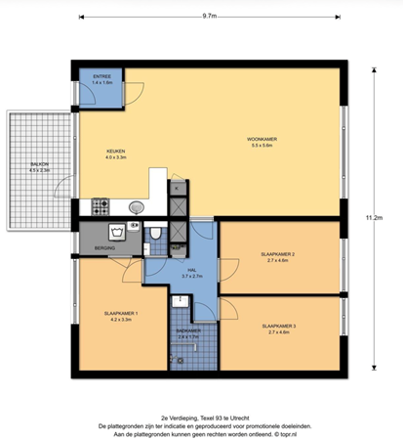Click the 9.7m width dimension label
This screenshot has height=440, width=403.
(x=210, y=17)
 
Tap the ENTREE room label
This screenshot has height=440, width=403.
(x=101, y=75)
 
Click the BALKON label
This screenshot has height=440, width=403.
(x=39, y=165)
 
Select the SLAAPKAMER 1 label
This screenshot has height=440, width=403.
(x=124, y=313)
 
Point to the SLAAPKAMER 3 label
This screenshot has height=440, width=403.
(x=278, y=326)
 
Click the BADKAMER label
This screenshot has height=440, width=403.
(x=187, y=330)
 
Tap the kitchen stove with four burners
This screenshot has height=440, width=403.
(x=101, y=206)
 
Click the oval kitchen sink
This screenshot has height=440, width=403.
(x=136, y=206)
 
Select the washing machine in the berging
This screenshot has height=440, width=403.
(x=117, y=233)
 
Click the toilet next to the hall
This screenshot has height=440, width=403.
(x=156, y=233)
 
